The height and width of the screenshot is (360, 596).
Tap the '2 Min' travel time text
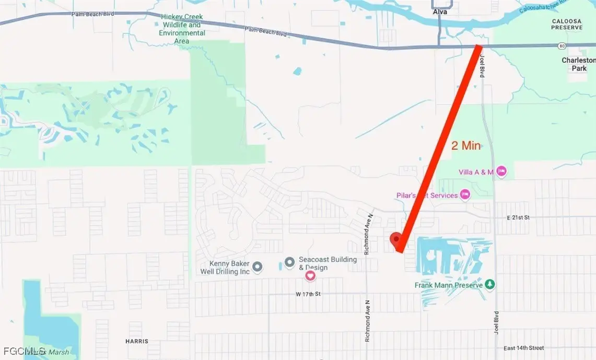click(466, 146)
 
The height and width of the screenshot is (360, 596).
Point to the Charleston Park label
click(578, 64)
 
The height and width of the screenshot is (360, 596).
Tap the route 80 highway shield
click(561, 45)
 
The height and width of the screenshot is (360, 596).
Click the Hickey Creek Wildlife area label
click(181, 29)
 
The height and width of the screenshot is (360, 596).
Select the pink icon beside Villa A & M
click(501, 171)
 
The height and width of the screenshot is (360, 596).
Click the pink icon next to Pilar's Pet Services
click(465, 195)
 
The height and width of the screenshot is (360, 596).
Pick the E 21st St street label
click(518, 217)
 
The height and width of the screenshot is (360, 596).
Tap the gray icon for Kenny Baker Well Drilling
click(257, 268)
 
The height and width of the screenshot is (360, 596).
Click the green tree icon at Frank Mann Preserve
click(490, 285)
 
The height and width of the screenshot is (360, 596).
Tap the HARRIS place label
click(137, 342)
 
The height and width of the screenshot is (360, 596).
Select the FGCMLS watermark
click(24, 351)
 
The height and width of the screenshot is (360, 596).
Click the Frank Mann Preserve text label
click(448, 285)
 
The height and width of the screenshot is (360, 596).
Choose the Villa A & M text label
click(476, 172)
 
